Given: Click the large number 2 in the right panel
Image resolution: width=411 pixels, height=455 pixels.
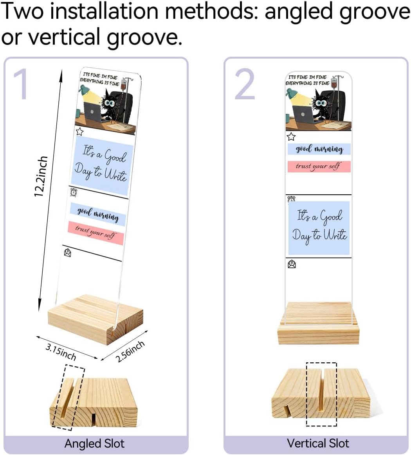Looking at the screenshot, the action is coord(245,84).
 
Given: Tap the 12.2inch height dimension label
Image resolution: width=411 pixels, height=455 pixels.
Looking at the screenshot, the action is coord(41,176).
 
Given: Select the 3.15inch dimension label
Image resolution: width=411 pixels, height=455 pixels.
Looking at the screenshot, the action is coord(61,352).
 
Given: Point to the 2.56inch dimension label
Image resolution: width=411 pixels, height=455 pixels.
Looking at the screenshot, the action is coord(130,351).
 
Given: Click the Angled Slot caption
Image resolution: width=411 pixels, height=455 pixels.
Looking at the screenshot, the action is coord(94,444).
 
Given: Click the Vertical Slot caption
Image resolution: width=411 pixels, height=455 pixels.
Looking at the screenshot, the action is coord(318,443).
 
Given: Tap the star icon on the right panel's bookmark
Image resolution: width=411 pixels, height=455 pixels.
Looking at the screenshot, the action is coord(291,136).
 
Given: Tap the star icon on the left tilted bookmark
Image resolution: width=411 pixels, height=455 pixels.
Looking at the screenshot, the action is coord(79,131).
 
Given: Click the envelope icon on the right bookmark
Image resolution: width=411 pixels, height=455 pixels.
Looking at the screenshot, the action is coord(292,264).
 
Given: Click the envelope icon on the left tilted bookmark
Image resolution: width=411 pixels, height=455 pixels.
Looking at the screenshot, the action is coord(67,253).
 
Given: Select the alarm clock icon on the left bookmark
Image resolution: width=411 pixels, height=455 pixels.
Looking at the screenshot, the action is coord(74,192).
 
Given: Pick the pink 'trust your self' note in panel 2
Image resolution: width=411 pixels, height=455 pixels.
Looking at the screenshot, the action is coord(319,167).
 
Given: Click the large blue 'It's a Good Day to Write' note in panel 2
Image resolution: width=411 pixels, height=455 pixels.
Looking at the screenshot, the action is coord(319,228).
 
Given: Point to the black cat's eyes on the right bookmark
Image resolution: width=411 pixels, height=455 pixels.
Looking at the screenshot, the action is coord(321,103).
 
